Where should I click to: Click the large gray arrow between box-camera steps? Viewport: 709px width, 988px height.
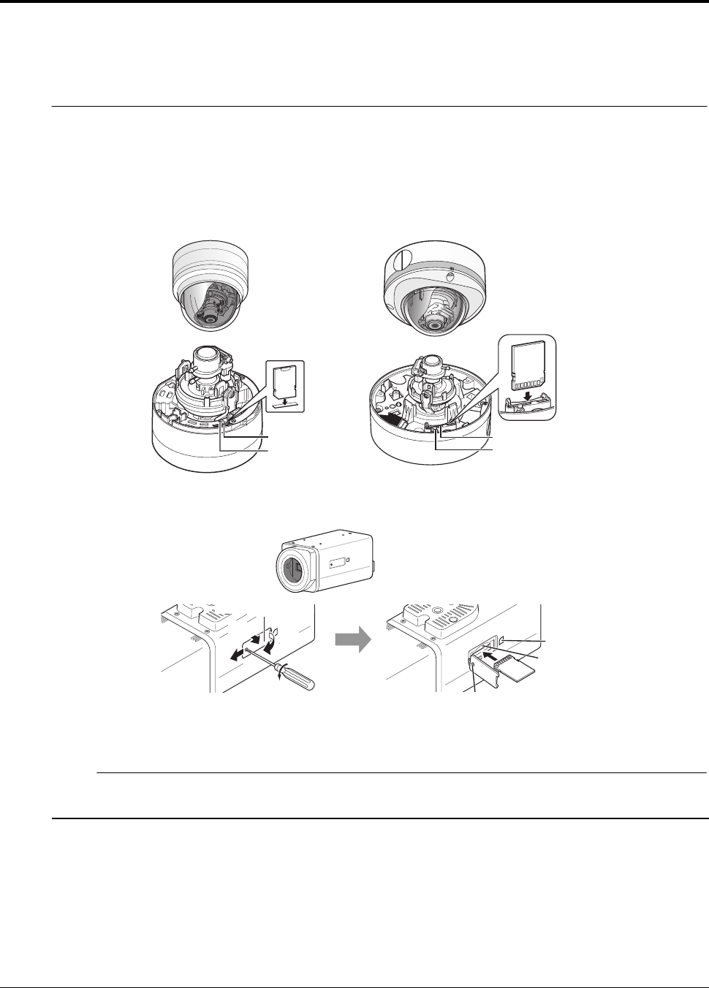pyautogui.click(x=352, y=640)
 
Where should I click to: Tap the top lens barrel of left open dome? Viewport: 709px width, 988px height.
pyautogui.click(x=208, y=360)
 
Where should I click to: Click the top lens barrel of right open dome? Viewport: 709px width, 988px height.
pyautogui.click(x=431, y=365)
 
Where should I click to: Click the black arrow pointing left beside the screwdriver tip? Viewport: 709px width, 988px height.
pyautogui.click(x=235, y=654)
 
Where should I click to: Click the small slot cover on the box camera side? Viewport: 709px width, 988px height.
pyautogui.click(x=337, y=563)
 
